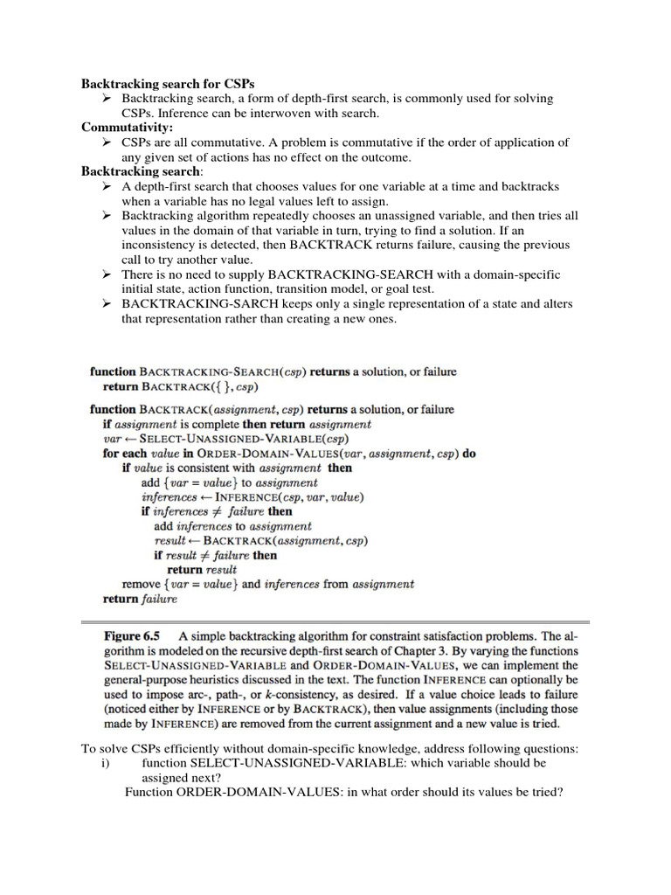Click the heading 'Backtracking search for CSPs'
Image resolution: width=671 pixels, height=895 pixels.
[168, 84]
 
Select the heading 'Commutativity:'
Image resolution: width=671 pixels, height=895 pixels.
[128, 128]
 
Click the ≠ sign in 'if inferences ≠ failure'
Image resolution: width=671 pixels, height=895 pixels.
[222, 511]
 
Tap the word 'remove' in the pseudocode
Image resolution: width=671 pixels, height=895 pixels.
[142, 584]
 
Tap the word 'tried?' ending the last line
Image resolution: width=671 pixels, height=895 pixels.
[543, 792]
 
